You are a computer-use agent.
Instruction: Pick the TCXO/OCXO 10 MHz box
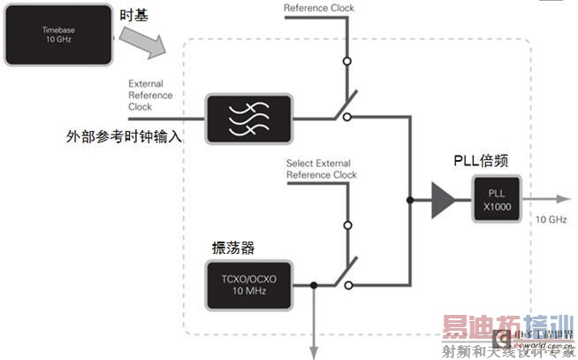pos(249,284)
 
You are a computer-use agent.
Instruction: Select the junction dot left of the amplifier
pos(408,201)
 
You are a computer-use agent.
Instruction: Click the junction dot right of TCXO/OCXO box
pos(314,285)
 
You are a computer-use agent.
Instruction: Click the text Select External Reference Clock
pos(322,168)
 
